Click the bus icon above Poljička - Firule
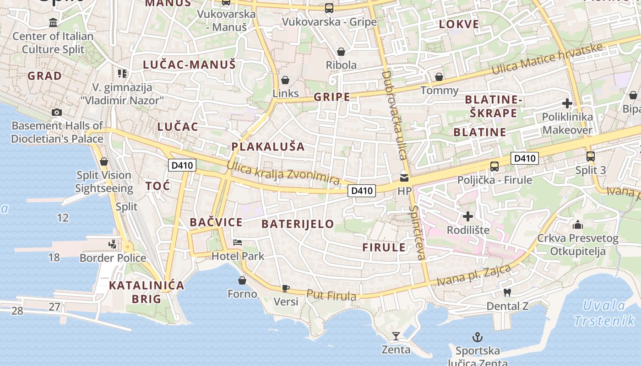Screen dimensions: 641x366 click(494, 167)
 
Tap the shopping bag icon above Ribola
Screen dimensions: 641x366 click(341, 51)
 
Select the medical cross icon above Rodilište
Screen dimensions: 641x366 click(468, 216)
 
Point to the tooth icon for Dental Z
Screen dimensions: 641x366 click(507, 292)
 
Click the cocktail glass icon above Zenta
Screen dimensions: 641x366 click(396, 337)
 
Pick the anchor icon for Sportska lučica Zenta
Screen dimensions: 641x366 click(478, 338)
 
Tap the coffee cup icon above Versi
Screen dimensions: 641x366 click(286, 288)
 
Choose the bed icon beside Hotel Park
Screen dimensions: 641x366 click(237, 242)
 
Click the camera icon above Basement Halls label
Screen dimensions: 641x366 click(57, 112)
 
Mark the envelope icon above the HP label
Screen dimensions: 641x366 click(404, 178)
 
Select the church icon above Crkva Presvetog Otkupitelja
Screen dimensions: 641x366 click(578, 225)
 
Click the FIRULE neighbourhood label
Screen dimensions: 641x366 click(384, 248)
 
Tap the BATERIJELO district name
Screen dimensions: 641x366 click(298, 224)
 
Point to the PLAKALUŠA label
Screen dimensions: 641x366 click(268, 146)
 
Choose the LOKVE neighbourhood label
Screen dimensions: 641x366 click(459, 24)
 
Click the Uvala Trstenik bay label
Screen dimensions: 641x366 click(604, 313)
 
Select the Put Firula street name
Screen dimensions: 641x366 click(331, 296)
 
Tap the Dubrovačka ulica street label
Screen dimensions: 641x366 click(394, 114)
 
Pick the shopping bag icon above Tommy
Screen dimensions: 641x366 click(439, 77)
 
